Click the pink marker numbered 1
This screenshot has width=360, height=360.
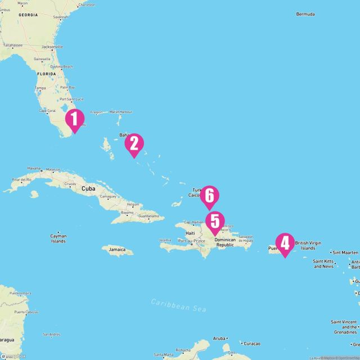pyautogui.click(x=74, y=119)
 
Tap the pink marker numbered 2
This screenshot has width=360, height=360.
pyautogui.click(x=134, y=144)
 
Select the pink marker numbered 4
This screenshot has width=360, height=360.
pyautogui.click(x=285, y=244)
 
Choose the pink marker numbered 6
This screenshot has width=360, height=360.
pyautogui.click(x=209, y=196)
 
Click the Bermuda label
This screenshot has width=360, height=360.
pyautogui.click(x=305, y=13)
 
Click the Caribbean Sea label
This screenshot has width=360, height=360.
pyautogui.click(x=178, y=305)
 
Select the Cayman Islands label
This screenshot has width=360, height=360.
pyautogui.click(x=58, y=238)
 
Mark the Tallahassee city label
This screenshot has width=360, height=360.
pyautogui.click(x=12, y=44)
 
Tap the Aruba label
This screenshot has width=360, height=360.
pyautogui.click(x=220, y=339)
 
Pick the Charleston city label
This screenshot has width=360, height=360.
pyautogui.click(x=87, y=4)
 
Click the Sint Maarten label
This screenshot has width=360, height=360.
pyautogui.click(x=344, y=253)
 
